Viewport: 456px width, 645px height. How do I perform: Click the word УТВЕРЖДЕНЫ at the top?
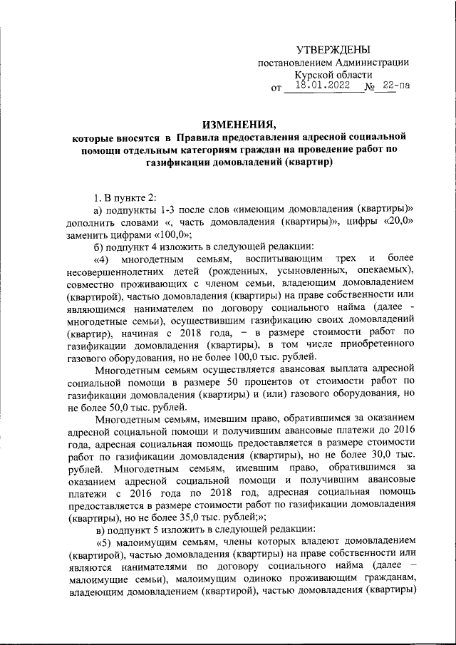pyautogui.click(x=333, y=49)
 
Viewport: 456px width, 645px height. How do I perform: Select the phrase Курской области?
pyautogui.click(x=333, y=76)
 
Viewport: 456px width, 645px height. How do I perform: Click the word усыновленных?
pyautogui.click(x=310, y=275)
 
